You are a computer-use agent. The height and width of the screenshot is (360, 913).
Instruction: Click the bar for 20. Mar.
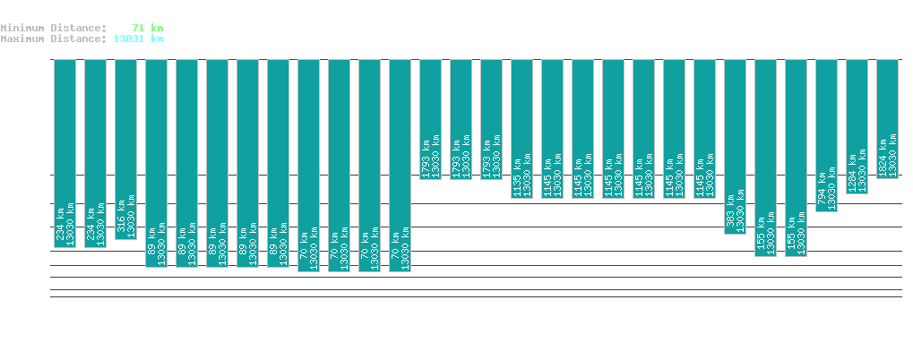pyautogui.click(x=126, y=150)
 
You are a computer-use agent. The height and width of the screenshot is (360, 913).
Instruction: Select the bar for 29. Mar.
pyautogui.click(x=401, y=166)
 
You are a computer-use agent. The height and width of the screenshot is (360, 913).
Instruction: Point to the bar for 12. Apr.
pyautogui.click(x=827, y=135)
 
